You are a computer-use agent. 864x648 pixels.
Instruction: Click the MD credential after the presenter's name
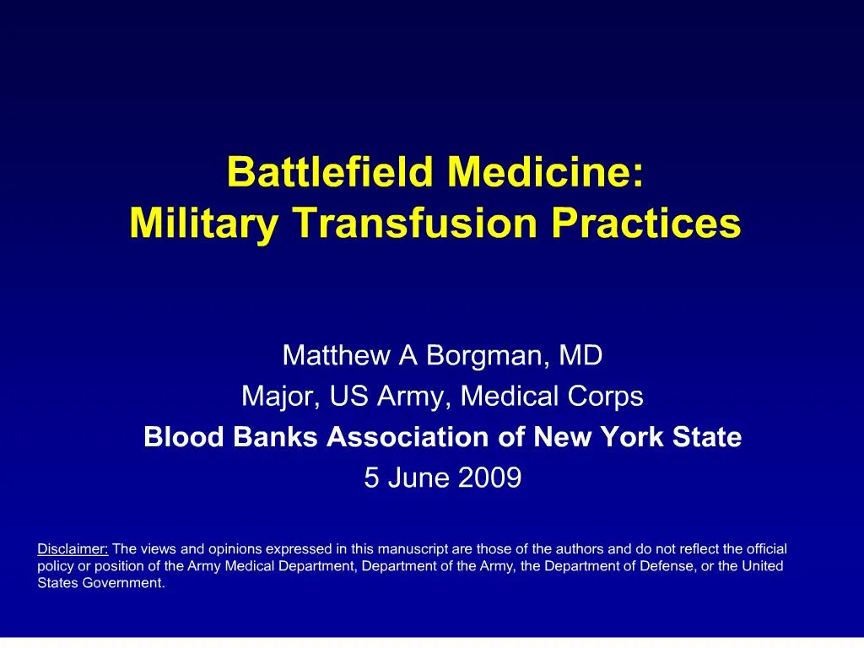click(x=581, y=355)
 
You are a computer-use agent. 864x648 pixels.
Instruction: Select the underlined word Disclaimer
click(x=73, y=548)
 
